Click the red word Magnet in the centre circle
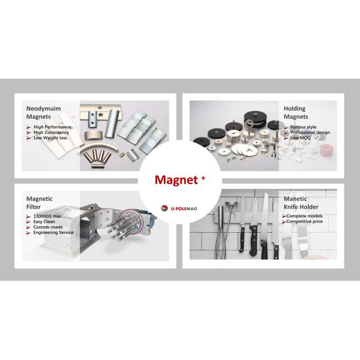174,180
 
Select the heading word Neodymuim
46,109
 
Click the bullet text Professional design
311,132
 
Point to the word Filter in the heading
35,207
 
